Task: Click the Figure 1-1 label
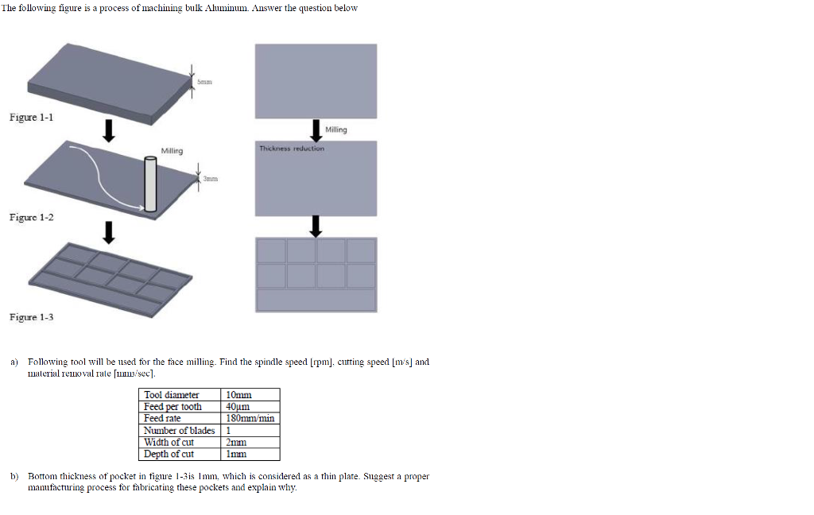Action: pyautogui.click(x=31, y=118)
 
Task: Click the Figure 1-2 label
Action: pyautogui.click(x=31, y=217)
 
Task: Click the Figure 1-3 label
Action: pyautogui.click(x=31, y=317)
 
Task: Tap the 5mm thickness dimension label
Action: pyautogui.click(x=204, y=82)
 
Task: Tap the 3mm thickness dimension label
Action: pyautogui.click(x=210, y=179)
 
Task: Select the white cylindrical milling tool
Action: pyautogui.click(x=150, y=184)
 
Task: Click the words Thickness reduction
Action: pyautogui.click(x=292, y=149)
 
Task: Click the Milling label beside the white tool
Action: pyautogui.click(x=172, y=151)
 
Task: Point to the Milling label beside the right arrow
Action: pyautogui.click(x=336, y=130)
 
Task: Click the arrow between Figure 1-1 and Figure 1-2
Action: pyautogui.click(x=108, y=131)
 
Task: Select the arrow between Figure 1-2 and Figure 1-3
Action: pyautogui.click(x=108, y=233)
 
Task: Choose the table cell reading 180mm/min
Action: pyautogui.click(x=250, y=418)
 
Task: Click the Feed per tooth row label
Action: pyautogui.click(x=172, y=406)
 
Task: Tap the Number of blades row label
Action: pyautogui.click(x=179, y=431)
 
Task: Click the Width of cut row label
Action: pyautogui.click(x=169, y=443)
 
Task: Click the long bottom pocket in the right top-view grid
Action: pyautogui.click(x=316, y=300)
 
